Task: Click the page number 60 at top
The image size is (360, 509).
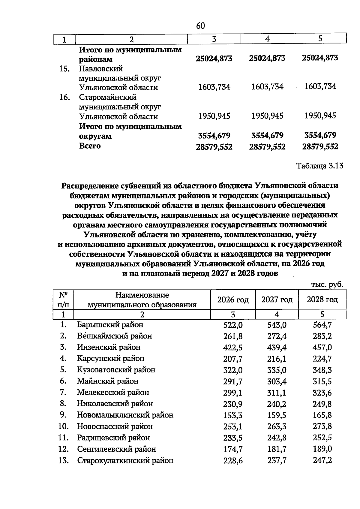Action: (200, 26)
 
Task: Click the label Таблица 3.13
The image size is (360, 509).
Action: (320, 166)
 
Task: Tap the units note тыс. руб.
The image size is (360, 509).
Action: (327, 284)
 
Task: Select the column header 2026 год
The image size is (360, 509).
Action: (233, 300)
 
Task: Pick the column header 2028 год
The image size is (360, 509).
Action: (322, 300)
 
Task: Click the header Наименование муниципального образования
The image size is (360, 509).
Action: (142, 300)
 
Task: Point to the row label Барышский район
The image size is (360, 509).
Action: (110, 325)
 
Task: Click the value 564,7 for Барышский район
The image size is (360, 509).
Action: (322, 325)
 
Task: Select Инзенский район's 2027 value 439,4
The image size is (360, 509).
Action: (277, 348)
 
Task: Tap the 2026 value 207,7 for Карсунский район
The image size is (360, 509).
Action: (233, 359)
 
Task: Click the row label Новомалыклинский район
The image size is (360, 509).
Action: (125, 415)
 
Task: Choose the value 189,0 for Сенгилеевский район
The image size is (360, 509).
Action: (322, 449)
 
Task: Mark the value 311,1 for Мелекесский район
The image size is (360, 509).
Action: (277, 393)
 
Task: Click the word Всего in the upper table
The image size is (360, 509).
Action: (90, 146)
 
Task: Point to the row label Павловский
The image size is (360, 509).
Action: (101, 69)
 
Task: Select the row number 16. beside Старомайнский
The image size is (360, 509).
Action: (64, 98)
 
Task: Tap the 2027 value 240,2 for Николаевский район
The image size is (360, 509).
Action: (277, 404)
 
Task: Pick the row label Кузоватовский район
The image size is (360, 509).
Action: (116, 370)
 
